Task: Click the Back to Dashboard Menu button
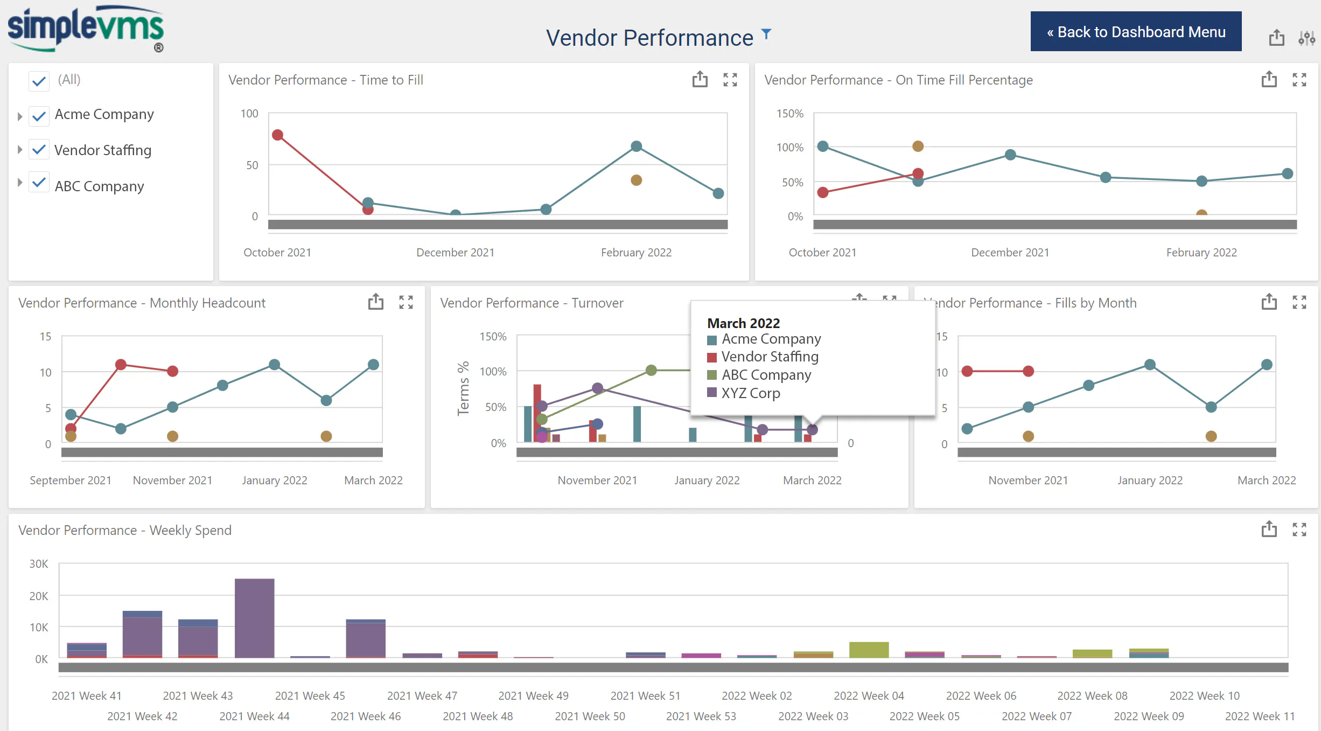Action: [x=1136, y=31]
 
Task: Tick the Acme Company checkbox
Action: [x=39, y=115]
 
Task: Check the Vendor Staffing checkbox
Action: [x=39, y=150]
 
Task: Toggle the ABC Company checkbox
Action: [x=39, y=183]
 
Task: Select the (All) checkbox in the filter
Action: [x=39, y=81]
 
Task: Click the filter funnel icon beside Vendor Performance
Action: [x=766, y=34]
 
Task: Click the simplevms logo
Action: [x=86, y=29]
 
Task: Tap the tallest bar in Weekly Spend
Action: [x=255, y=618]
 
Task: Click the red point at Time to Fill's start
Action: [x=278, y=135]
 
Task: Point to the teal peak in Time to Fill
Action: [x=637, y=146]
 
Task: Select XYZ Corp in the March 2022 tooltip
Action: [x=751, y=393]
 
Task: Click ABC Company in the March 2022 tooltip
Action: [x=766, y=375]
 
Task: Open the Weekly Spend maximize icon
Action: [x=1299, y=530]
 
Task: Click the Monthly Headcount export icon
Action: [x=376, y=302]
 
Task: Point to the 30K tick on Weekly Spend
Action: [x=39, y=563]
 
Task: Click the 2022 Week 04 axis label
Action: [x=869, y=695]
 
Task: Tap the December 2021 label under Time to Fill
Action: [x=456, y=252]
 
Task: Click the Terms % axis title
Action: [x=463, y=388]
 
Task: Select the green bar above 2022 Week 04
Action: [x=869, y=650]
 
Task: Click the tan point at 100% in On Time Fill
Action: [x=918, y=146]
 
